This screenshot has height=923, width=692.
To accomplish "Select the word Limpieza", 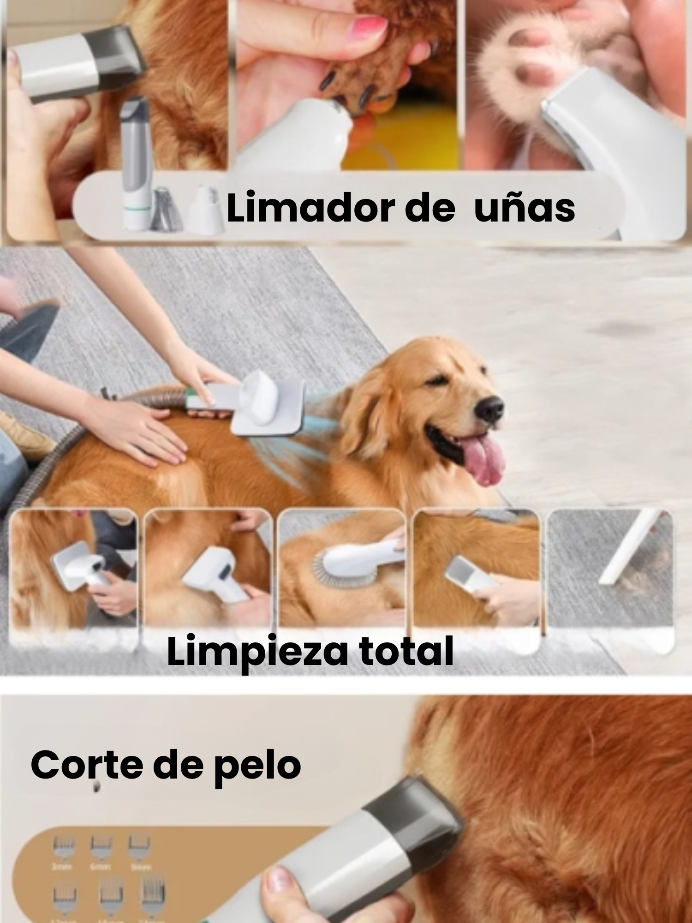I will pos(256,651).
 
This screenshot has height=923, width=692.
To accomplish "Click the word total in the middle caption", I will pos(406,651).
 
